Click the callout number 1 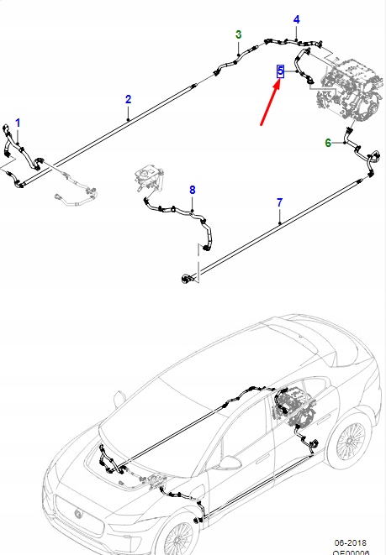18,123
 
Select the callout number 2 128,100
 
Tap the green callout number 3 238,34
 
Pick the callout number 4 295,19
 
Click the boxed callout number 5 281,72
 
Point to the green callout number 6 328,144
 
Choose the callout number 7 279,202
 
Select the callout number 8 192,191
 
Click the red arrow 273,106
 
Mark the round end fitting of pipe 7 183,275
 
